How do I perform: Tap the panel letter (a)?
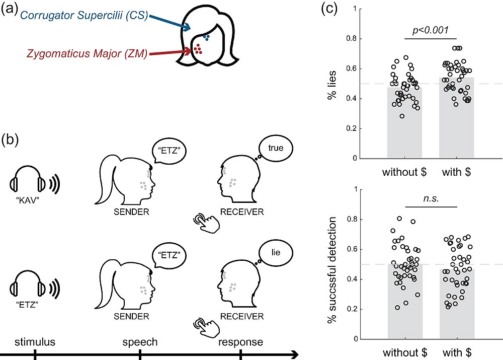pyautogui.click(x=10, y=10)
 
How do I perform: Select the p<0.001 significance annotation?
pyautogui.click(x=430, y=31)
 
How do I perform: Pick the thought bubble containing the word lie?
pyautogui.click(x=276, y=253)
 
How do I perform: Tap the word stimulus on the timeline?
pyautogui.click(x=35, y=342)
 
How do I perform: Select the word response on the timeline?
pyautogui.click(x=240, y=342)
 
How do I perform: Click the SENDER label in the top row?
pyautogui.click(x=131, y=211)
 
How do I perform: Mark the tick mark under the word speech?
pyautogui.click(x=140, y=355)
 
